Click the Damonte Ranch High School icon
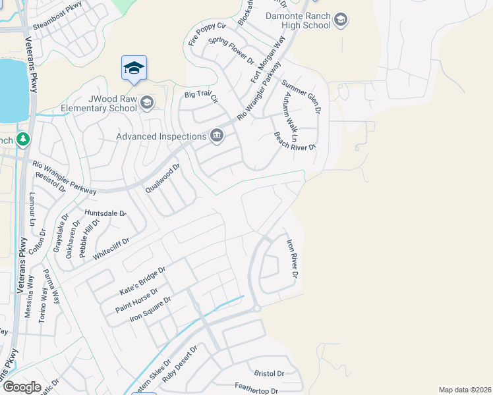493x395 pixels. point(341,20)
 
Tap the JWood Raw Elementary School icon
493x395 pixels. point(146,102)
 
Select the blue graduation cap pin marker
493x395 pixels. point(134,68)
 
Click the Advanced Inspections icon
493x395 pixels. point(216,136)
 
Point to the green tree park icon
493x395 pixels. point(23,140)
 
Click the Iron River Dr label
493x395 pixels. point(292,257)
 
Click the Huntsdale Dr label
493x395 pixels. point(105,213)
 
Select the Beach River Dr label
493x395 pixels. point(295,149)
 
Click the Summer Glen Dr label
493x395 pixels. point(301,97)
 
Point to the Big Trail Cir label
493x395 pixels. point(201,97)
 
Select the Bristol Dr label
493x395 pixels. point(271,373)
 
